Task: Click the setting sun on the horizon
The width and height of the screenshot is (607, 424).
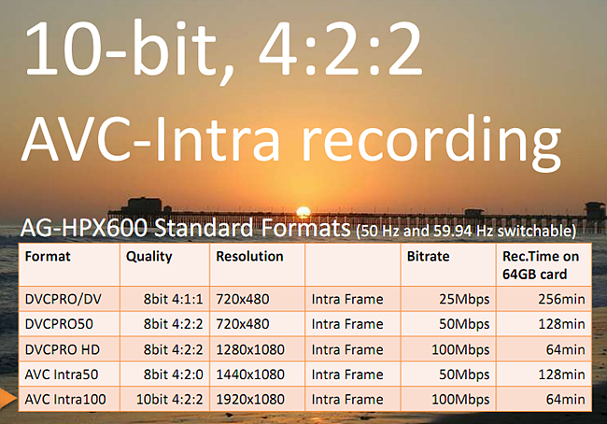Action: (x=303, y=212)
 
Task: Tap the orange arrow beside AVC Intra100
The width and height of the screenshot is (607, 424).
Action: (x=7, y=399)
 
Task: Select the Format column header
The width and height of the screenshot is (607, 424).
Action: (x=48, y=256)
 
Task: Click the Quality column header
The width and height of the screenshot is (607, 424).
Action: (x=149, y=257)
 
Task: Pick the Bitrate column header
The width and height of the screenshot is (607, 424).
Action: (x=428, y=256)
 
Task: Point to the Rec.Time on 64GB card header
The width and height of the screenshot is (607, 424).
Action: (x=541, y=265)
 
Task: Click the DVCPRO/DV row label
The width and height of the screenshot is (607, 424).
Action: (x=64, y=299)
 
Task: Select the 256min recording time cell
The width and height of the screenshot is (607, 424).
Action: (x=561, y=299)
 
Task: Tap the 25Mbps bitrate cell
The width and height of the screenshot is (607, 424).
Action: (x=464, y=299)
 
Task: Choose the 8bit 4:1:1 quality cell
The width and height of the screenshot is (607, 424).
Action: (x=173, y=299)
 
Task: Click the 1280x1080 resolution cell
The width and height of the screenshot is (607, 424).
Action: (x=250, y=349)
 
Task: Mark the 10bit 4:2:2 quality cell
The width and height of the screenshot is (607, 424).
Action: (x=169, y=399)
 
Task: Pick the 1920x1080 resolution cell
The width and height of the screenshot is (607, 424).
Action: (x=250, y=399)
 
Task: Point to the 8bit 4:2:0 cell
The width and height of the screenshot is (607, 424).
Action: (x=173, y=375)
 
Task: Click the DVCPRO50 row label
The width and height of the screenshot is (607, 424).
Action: (x=59, y=324)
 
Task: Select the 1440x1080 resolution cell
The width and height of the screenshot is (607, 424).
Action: (x=250, y=375)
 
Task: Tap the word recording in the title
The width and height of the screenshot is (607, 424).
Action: (x=431, y=143)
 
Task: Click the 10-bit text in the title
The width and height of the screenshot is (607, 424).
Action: (x=120, y=49)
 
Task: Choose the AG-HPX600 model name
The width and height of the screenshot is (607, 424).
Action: (x=84, y=228)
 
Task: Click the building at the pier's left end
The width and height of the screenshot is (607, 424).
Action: (x=145, y=205)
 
